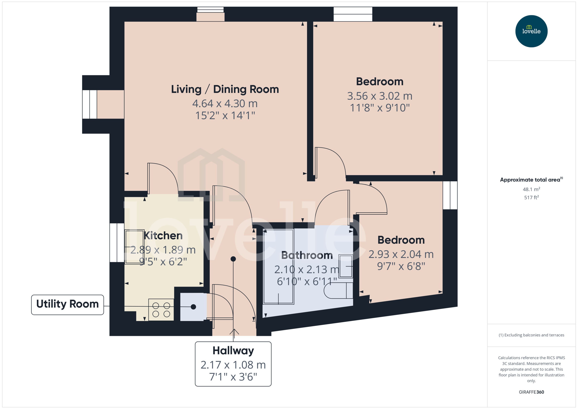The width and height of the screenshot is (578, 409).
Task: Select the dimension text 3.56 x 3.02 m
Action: click(379, 96)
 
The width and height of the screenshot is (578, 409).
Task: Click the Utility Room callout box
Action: click(68, 304)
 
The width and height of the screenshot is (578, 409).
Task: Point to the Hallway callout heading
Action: click(233, 350)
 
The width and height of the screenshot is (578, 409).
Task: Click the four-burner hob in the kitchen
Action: click(161, 310)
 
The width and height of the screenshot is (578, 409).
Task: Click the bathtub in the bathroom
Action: click(278, 267)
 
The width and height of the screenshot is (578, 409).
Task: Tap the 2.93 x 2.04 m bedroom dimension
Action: click(401, 254)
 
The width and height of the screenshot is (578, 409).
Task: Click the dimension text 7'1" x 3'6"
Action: click(233, 377)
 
